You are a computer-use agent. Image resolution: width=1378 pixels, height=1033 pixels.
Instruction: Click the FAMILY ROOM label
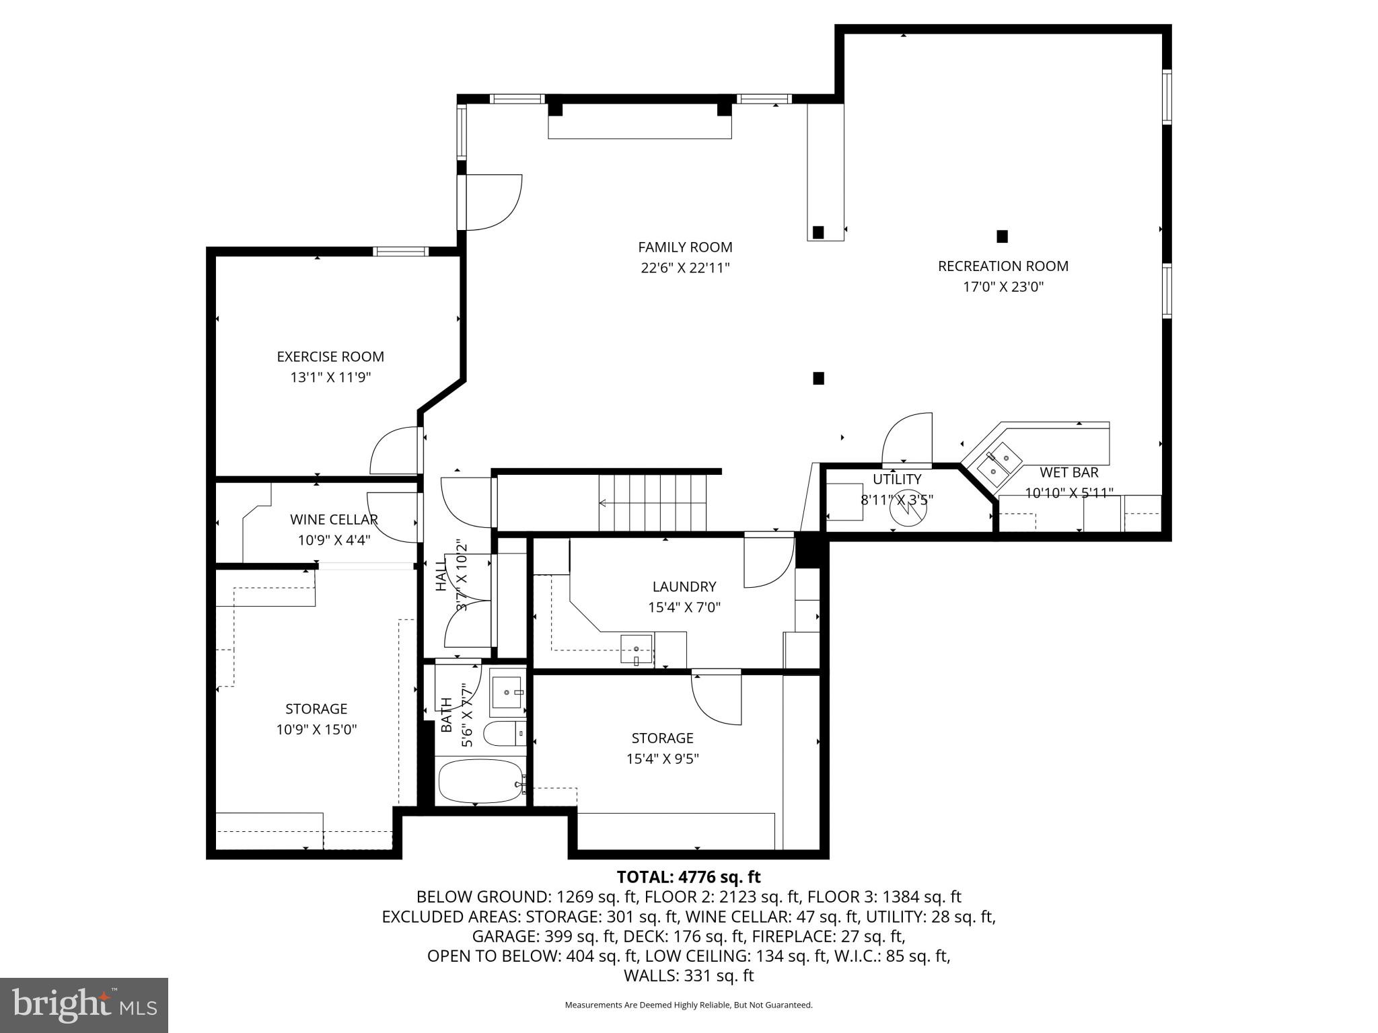(685, 247)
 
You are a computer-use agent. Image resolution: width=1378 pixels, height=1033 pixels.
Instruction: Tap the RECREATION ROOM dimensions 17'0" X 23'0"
(1003, 287)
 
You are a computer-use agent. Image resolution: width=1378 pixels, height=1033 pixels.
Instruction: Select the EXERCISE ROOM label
(330, 356)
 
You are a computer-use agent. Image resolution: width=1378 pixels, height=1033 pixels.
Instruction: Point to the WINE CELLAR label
(334, 519)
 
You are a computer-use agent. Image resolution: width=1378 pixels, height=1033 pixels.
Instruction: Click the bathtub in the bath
(480, 781)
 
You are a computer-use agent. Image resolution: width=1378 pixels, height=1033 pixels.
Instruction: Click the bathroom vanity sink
(507, 692)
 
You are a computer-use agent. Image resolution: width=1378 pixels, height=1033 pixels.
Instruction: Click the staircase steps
(653, 502)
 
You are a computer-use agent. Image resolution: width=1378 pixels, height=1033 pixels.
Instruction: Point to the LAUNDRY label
(684, 586)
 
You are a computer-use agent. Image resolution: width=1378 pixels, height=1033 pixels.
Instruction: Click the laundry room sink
(637, 649)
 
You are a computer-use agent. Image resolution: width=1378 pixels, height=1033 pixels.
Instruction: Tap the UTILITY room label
(897, 480)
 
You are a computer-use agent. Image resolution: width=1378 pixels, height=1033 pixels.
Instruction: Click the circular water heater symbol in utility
(908, 510)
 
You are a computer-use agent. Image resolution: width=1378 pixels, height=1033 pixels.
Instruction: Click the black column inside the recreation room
(1002, 236)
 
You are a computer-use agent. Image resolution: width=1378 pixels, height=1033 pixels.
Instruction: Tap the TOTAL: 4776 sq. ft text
(688, 877)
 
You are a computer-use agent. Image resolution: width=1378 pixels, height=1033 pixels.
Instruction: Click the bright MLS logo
(84, 1005)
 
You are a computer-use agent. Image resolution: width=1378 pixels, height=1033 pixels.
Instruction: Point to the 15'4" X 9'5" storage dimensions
(662, 759)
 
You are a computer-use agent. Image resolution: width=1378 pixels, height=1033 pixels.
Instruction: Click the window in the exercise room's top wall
(401, 252)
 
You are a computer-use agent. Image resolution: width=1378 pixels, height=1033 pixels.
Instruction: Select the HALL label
(441, 575)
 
